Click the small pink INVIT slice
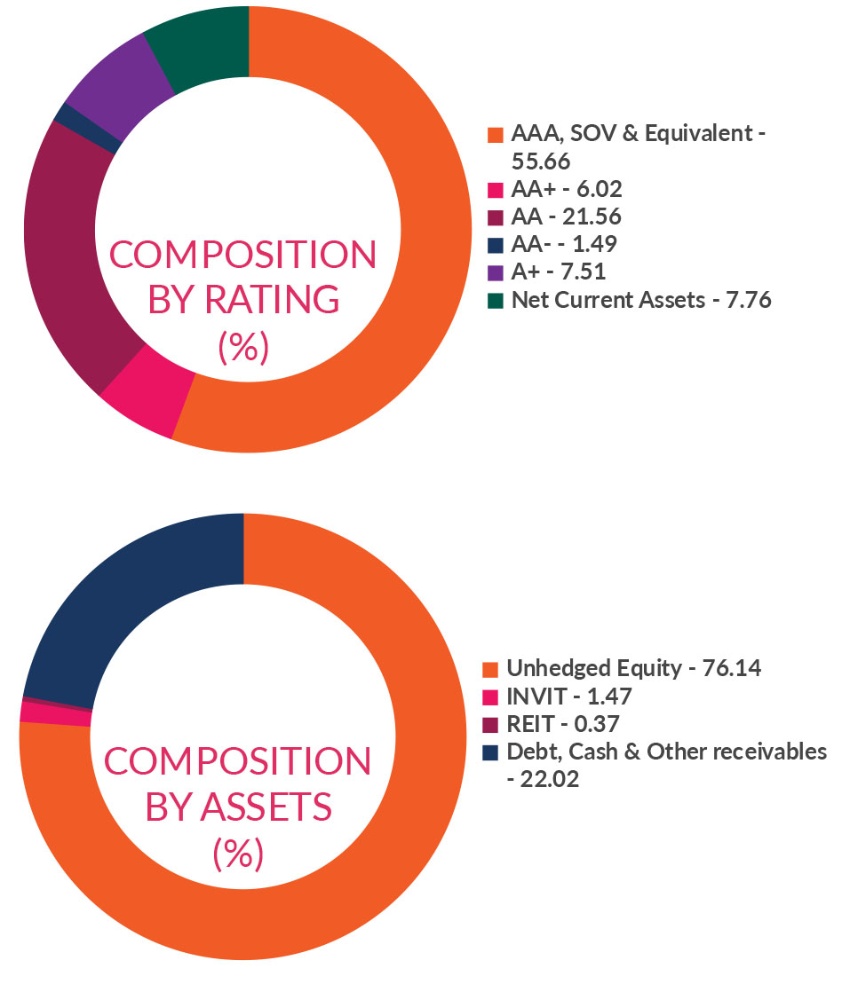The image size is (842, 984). [55, 713]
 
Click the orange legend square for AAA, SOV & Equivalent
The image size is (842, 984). [495, 136]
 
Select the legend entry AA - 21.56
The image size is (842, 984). [566, 216]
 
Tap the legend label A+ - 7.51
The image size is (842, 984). [559, 272]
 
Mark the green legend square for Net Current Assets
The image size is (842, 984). [495, 300]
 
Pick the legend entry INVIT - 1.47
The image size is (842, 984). [568, 697]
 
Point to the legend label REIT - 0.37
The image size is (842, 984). [562, 724]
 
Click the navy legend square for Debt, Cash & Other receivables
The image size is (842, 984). [489, 752]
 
